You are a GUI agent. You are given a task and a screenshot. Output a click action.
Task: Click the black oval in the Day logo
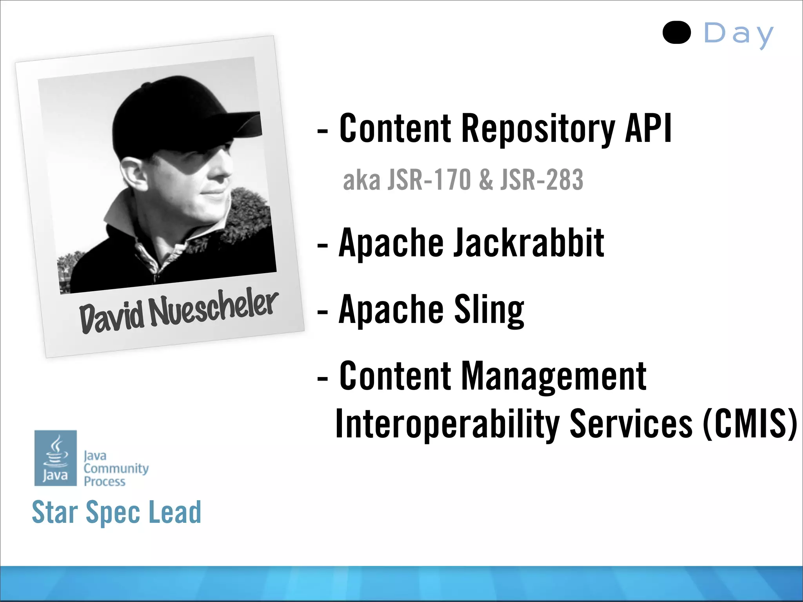676,33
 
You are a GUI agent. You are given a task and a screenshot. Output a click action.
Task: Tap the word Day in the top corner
738,34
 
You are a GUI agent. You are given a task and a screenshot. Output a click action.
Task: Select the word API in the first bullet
648,128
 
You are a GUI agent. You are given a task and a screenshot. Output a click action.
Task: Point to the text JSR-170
429,180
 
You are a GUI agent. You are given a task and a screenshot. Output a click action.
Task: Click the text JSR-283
541,180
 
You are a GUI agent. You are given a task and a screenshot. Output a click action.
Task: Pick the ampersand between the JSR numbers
486,180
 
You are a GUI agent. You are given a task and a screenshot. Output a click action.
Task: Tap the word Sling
489,310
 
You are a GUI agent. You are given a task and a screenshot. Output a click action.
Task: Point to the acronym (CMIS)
749,423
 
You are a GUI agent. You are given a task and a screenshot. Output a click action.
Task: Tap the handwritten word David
112,318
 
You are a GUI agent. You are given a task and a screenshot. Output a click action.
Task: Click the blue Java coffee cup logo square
56,458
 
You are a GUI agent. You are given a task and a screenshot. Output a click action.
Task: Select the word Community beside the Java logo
116,468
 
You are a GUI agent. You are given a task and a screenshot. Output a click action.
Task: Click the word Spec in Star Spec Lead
113,512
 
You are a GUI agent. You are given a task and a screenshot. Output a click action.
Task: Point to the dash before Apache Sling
322,312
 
